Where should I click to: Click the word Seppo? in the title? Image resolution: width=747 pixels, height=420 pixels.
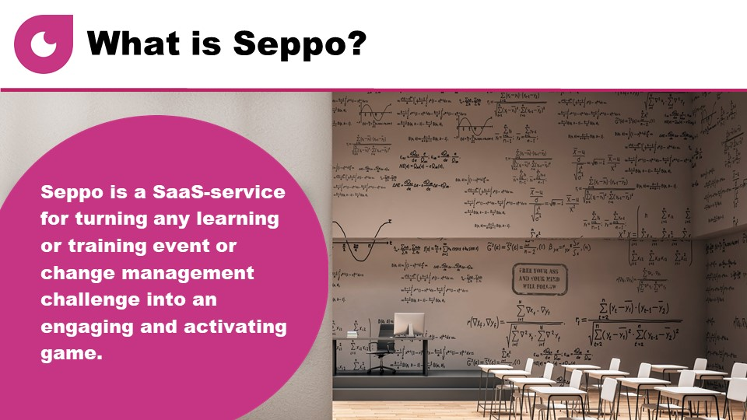tap(310, 44)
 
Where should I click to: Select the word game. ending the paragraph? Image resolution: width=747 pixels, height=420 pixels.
tap(71, 354)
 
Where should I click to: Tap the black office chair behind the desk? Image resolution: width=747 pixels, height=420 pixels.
tap(381, 354)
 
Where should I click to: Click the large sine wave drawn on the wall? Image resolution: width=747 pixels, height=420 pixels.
tap(366, 241)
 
